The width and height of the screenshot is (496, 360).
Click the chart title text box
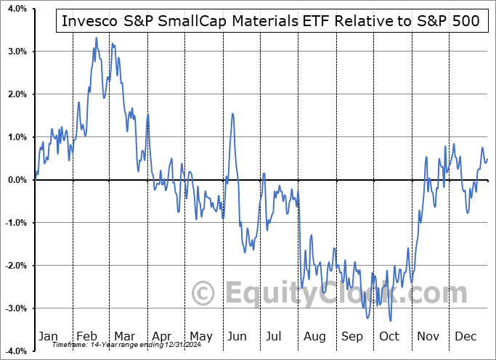(x=271, y=21)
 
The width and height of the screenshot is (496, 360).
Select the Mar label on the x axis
(x=124, y=336)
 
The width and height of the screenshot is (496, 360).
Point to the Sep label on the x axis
(x=352, y=336)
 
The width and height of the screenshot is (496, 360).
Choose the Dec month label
(x=465, y=336)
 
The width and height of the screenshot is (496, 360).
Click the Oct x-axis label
(x=389, y=336)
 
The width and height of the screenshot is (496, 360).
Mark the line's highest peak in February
(x=96, y=38)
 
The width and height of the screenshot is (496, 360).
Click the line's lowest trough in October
(x=391, y=320)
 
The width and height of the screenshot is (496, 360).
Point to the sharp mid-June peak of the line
(x=232, y=113)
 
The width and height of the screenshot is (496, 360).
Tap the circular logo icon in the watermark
(x=205, y=293)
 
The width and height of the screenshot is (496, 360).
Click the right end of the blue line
(x=487, y=159)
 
